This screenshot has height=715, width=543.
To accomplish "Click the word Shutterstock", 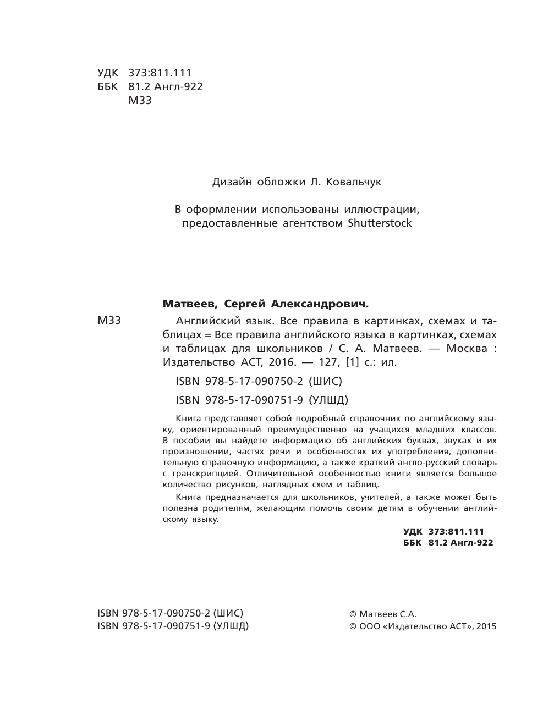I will click(x=380, y=223).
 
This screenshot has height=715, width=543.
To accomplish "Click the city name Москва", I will click(x=467, y=348).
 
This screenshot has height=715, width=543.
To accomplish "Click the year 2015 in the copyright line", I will click(x=486, y=626).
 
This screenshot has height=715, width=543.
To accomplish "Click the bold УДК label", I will click(x=413, y=531).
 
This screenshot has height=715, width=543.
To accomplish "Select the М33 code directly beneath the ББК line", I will click(x=140, y=100).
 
